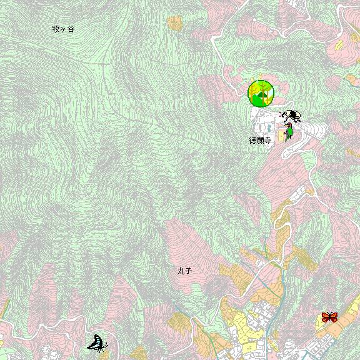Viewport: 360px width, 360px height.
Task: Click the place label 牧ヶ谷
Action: click(63, 29)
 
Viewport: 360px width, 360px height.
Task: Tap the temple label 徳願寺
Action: click(260, 141)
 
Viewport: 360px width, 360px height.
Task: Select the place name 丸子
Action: click(184, 271)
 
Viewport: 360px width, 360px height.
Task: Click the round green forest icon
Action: click(261, 94)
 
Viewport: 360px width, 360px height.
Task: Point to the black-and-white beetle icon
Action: click(290, 116)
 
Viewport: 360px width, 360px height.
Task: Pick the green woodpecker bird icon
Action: click(289, 131)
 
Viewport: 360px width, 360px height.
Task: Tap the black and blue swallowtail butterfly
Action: click(97, 342)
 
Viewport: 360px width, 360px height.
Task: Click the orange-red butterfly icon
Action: click(329, 317)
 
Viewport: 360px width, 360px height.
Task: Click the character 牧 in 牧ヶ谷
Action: click(56, 29)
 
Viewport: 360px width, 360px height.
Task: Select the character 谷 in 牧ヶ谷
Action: click(70, 29)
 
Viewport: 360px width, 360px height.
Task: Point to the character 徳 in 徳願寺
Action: click(253, 141)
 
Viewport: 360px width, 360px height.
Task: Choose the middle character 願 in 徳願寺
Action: click(260, 141)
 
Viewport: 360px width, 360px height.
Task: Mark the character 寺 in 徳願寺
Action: click(267, 141)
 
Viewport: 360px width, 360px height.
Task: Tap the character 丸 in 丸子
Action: click(180, 271)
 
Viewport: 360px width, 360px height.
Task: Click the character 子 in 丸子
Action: click(187, 271)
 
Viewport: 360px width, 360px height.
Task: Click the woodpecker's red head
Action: click(288, 126)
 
